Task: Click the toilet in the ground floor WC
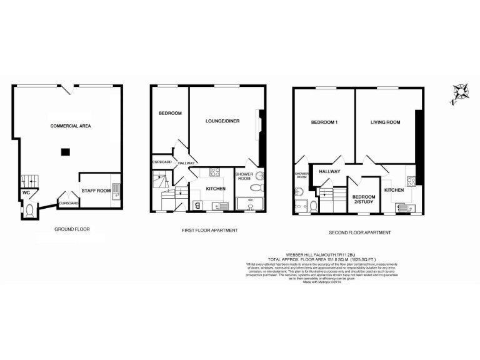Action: pos(29,211)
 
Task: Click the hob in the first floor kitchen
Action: pos(215,173)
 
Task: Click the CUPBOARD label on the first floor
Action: pos(161,162)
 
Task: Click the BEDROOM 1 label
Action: pos(324,122)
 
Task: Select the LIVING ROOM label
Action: pos(385,122)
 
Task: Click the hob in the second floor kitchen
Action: pos(412,182)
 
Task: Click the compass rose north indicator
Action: pos(461,92)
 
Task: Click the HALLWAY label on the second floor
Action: pos(329,171)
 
